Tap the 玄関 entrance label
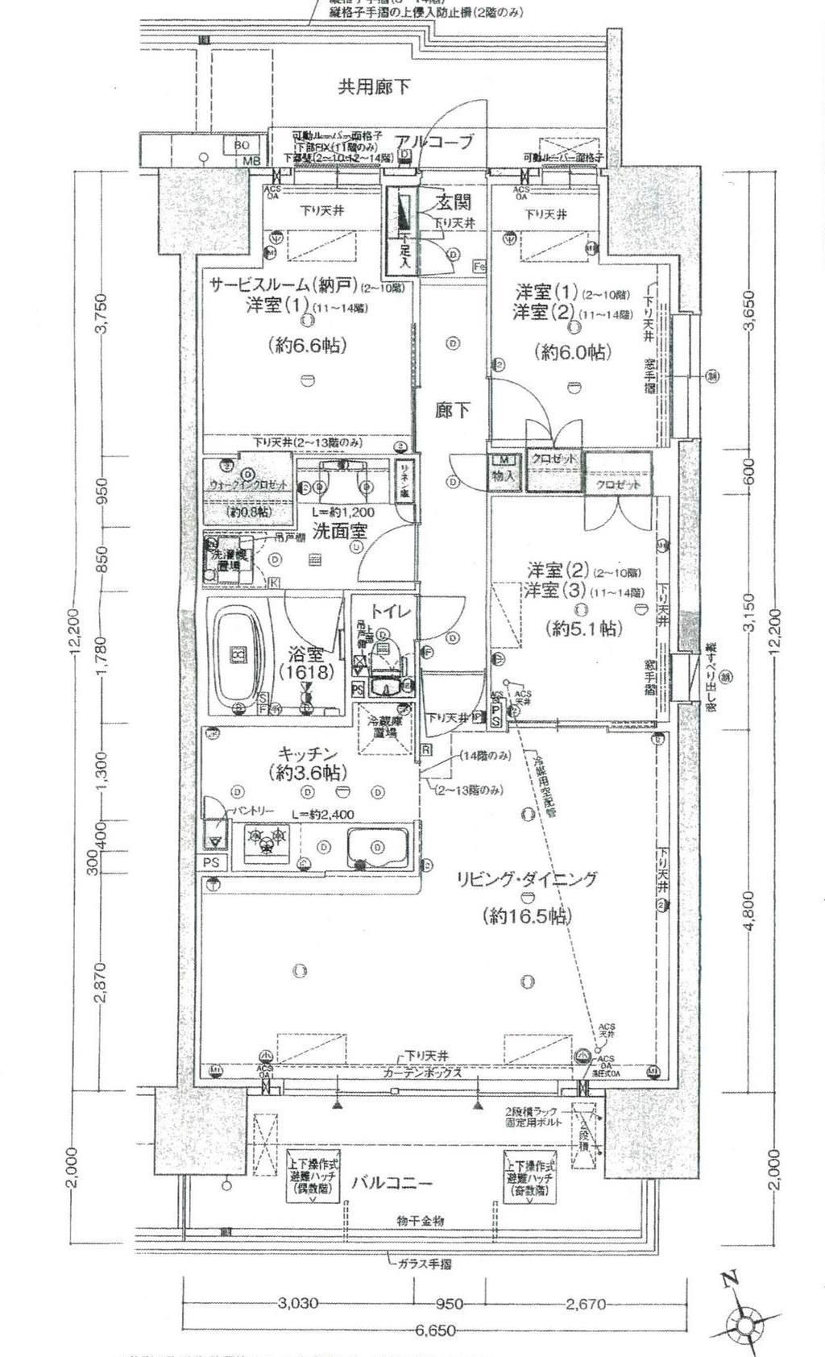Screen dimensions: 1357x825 click(x=455, y=201)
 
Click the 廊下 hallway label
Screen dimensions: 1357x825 click(x=453, y=411)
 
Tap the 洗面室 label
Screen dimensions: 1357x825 click(x=340, y=532)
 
